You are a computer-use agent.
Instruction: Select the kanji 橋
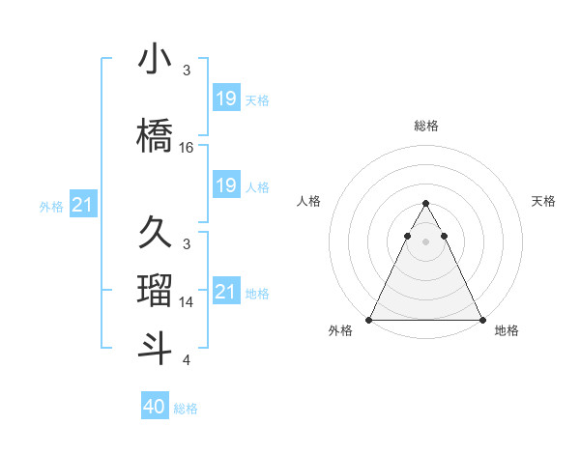(156, 135)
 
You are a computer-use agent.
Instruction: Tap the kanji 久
(156, 233)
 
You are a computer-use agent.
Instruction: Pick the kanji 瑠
(156, 291)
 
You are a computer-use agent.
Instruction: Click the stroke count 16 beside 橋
(187, 148)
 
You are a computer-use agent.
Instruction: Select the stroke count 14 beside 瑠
(187, 302)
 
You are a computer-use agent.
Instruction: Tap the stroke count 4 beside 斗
(187, 360)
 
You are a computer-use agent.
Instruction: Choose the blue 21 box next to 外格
(83, 205)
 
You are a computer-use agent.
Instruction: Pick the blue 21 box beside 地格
(225, 292)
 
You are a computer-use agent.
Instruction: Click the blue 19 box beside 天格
(225, 99)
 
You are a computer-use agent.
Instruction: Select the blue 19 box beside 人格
(225, 185)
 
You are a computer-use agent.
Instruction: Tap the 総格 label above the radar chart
(425, 126)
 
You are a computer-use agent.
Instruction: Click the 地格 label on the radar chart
(507, 330)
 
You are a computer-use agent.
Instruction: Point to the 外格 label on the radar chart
(340, 330)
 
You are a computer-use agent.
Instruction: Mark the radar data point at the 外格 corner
(369, 320)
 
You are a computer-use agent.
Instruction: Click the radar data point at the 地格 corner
(481, 320)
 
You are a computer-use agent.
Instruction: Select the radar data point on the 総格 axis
(425, 204)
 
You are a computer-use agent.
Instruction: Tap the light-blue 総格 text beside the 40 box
(186, 409)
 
